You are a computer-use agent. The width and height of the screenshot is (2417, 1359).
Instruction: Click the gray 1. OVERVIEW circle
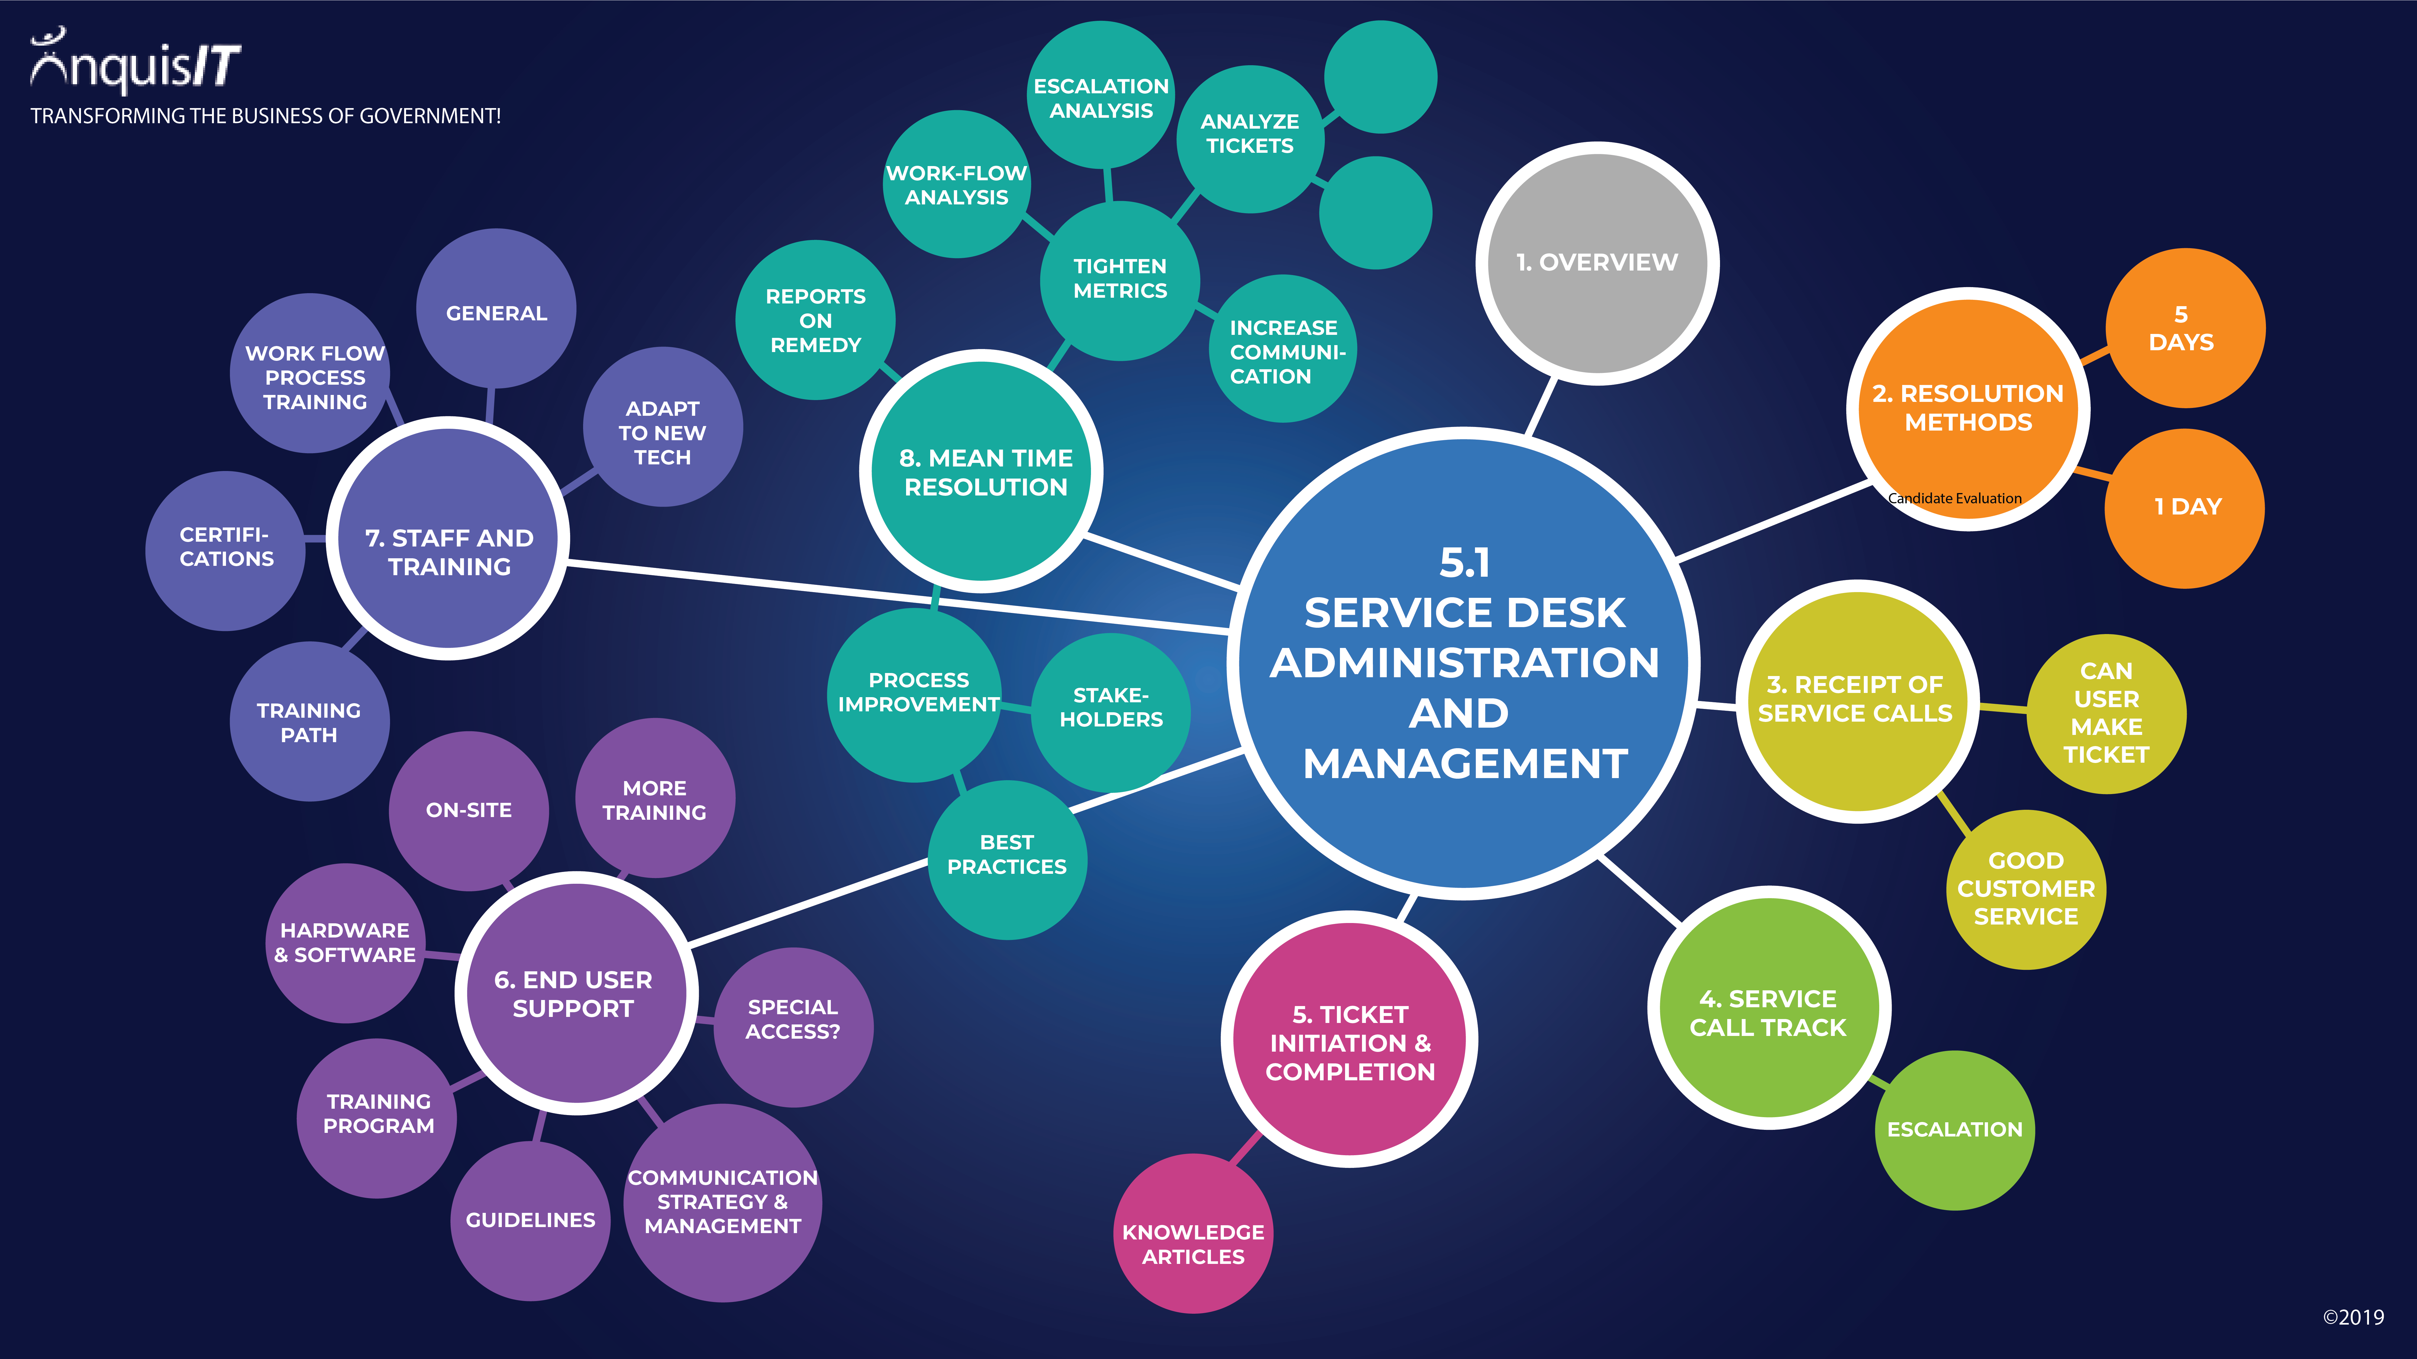tap(1597, 264)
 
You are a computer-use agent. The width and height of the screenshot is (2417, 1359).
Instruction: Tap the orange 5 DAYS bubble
tap(2185, 328)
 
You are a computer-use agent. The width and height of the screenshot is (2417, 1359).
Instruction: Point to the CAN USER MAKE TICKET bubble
tap(2106, 714)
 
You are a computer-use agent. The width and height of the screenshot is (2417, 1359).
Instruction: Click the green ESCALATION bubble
tap(1954, 1130)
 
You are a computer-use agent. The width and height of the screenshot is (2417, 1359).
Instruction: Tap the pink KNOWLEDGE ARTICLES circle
tap(1193, 1233)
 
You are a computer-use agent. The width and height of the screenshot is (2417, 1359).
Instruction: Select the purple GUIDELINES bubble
tap(530, 1220)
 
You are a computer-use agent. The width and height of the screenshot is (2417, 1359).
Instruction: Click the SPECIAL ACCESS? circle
tap(793, 1027)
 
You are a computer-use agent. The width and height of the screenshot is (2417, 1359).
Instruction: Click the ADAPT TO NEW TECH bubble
tap(663, 427)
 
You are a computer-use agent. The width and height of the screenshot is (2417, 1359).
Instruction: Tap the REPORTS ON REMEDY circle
tap(815, 320)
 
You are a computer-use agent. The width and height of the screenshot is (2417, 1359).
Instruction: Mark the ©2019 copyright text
tap(2353, 1317)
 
